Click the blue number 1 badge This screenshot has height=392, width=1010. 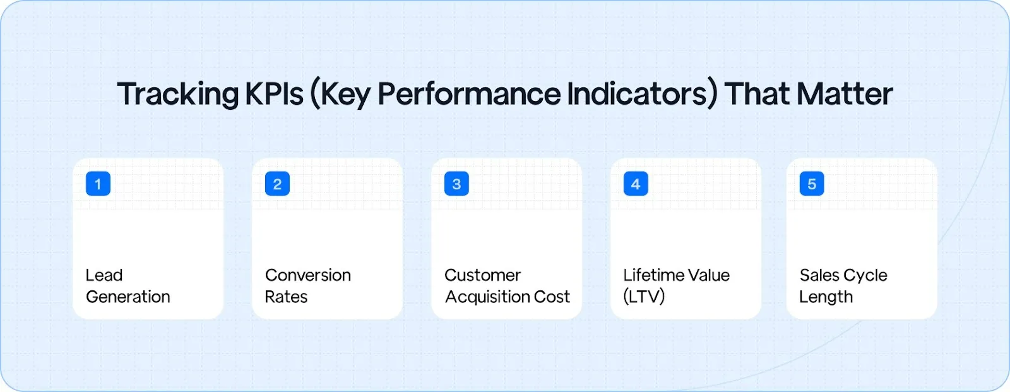(98, 184)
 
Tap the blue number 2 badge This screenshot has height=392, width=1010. (277, 184)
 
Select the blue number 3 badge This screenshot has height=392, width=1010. (456, 184)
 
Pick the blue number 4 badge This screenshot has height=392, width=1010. (636, 184)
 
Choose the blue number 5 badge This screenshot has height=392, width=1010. (812, 184)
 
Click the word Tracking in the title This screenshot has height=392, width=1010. (177, 94)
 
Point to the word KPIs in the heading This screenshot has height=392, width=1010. (274, 94)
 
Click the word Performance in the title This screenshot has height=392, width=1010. (468, 94)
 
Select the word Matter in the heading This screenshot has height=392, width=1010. (845, 94)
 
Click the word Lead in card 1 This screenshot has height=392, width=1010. (104, 275)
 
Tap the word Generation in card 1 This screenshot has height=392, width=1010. (128, 297)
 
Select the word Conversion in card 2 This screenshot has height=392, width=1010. (308, 275)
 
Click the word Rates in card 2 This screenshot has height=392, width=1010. (286, 297)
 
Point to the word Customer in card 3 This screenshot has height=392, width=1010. (482, 275)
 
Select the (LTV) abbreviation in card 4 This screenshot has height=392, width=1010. (644, 297)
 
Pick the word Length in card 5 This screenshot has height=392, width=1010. (826, 297)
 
